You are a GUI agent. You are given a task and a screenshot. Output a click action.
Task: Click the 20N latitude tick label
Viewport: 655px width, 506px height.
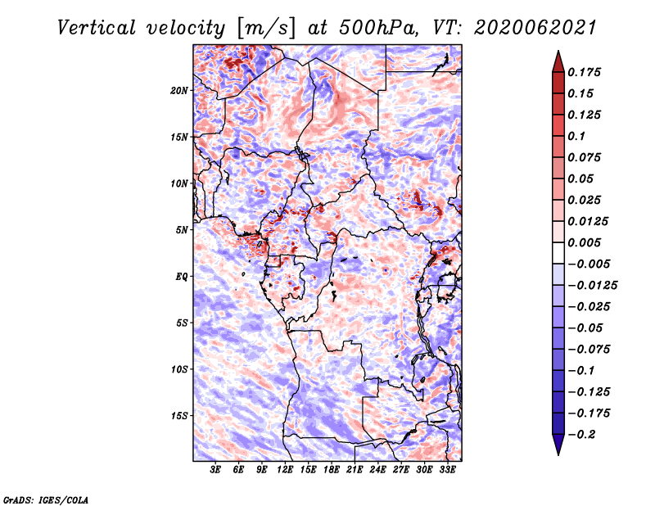click(178, 91)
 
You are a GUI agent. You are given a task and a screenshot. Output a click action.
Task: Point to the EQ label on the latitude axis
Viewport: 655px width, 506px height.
click(181, 277)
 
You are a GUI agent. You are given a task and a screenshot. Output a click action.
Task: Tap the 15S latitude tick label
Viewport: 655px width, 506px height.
click(179, 416)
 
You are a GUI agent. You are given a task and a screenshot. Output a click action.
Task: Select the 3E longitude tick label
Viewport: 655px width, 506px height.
click(215, 469)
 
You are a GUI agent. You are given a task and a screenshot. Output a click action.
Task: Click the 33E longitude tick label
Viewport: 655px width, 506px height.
click(447, 469)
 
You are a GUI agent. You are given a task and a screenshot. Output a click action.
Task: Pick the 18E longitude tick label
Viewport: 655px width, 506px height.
click(332, 469)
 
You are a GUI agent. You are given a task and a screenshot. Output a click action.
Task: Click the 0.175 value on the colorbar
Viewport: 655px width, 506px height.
click(584, 72)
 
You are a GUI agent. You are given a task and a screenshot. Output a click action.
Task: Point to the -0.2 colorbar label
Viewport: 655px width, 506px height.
click(581, 435)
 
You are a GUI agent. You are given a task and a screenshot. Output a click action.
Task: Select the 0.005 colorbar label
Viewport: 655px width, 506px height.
click(584, 242)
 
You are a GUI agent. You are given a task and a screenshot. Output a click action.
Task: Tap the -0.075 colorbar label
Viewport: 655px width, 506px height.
click(589, 350)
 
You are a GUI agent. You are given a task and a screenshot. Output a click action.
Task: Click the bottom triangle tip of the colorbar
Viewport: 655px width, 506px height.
click(558, 454)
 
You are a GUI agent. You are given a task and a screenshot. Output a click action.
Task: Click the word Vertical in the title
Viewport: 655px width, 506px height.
click(97, 28)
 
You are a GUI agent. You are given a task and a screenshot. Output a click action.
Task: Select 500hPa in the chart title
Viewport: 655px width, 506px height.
click(378, 28)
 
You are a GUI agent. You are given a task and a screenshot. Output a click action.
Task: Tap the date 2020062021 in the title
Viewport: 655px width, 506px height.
click(535, 28)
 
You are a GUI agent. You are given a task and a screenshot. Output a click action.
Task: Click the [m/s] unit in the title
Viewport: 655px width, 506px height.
click(266, 29)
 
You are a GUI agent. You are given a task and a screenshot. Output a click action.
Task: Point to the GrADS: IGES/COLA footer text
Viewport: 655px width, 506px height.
click(46, 499)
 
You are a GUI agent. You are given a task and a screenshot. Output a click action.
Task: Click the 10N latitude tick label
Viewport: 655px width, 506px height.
click(179, 183)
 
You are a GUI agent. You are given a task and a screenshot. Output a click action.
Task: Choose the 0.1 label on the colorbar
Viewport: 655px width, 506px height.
click(576, 136)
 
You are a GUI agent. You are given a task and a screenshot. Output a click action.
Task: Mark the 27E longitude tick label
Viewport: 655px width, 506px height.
click(400, 469)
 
